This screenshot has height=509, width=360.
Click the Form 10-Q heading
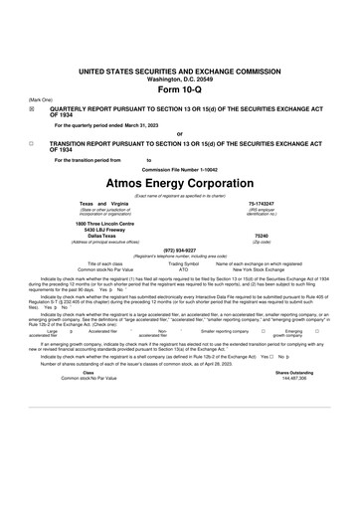tap(179, 89)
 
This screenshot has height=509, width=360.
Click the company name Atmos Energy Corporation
tap(179, 185)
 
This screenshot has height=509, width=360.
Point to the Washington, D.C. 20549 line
tap(179, 80)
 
